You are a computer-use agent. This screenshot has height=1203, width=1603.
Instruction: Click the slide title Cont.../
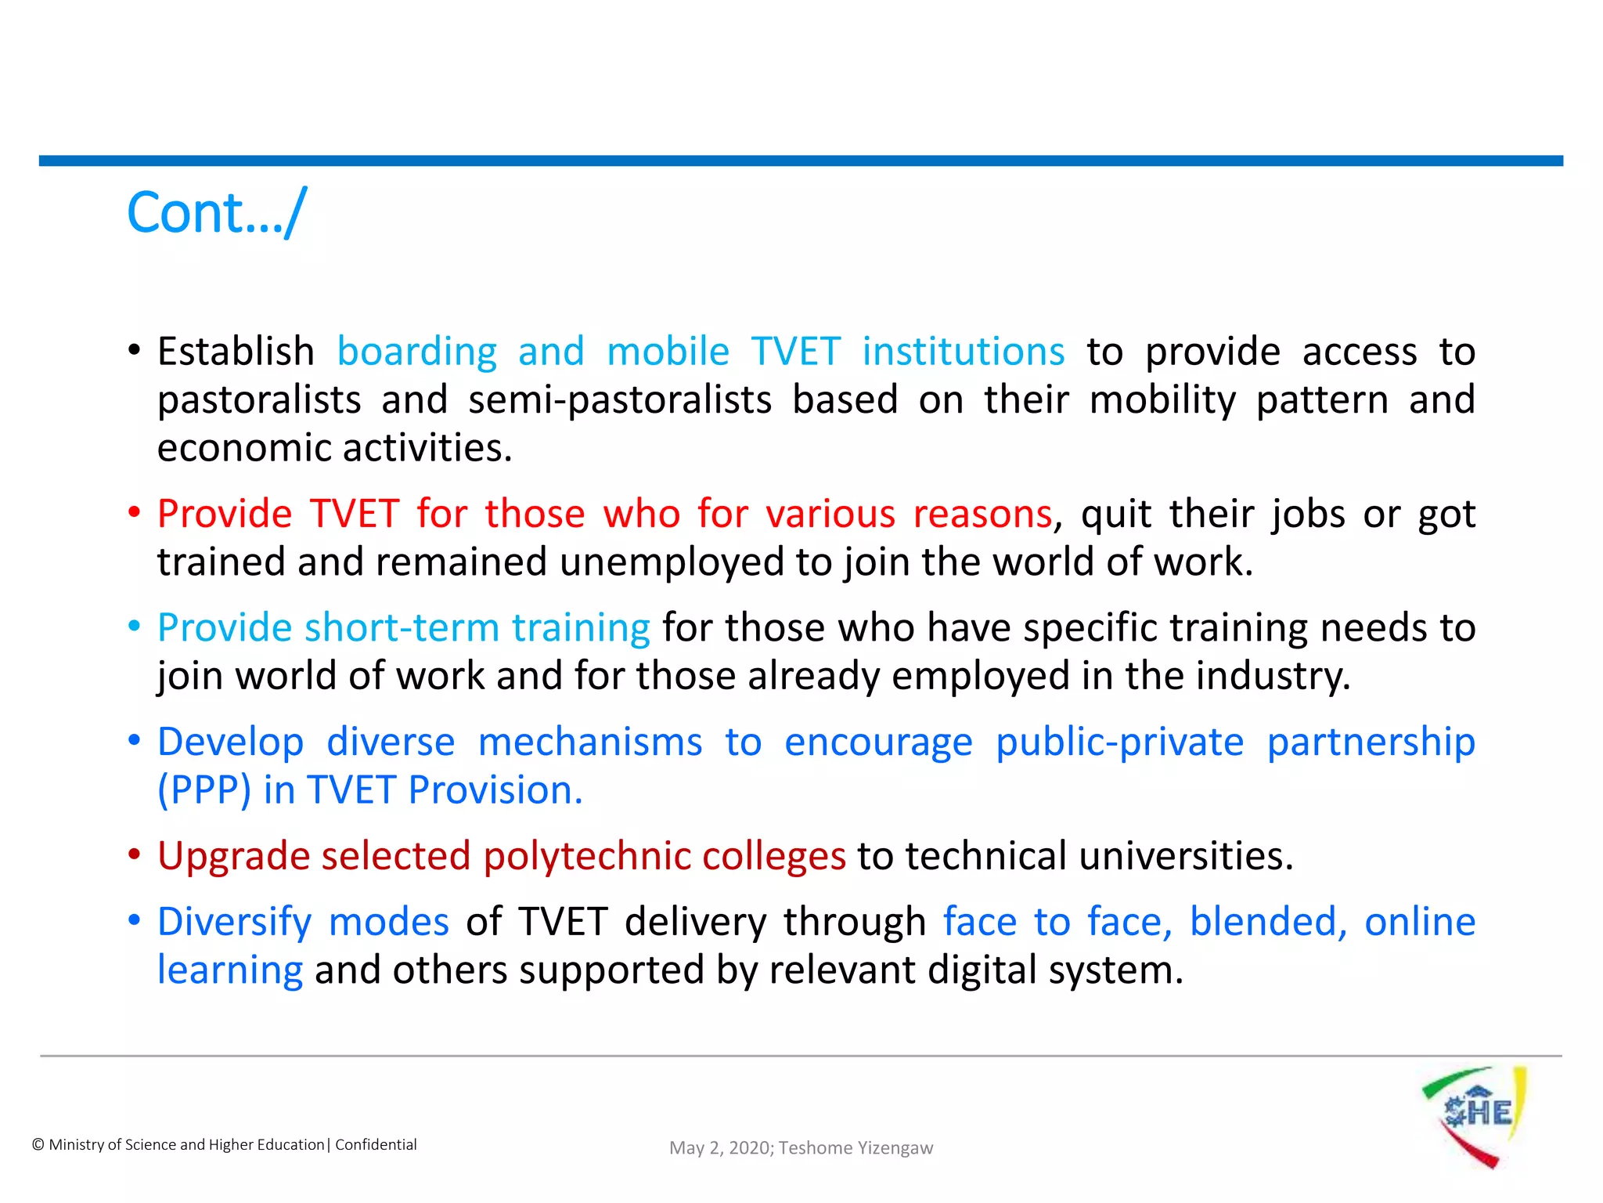[x=217, y=212]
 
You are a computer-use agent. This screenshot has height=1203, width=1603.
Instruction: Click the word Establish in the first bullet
[x=236, y=351]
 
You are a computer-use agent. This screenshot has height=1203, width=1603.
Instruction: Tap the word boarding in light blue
[x=416, y=351]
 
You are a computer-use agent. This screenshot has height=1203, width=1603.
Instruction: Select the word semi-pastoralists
[x=620, y=399]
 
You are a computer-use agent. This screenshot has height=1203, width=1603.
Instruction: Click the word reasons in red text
[x=982, y=514]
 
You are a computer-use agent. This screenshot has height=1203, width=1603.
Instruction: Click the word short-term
[x=402, y=627]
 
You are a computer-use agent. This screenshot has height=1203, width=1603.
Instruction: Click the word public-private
[x=1119, y=742]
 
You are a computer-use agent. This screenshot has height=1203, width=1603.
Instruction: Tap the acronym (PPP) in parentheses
[x=204, y=790]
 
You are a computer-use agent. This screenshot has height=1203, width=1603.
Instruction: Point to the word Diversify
[x=235, y=922]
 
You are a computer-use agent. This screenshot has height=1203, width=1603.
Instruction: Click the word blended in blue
[x=1266, y=922]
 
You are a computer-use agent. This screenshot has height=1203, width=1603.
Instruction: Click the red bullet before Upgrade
[x=135, y=854]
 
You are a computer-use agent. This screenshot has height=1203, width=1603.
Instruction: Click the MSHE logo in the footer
[x=1475, y=1116]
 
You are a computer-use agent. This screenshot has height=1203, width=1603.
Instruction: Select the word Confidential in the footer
[x=376, y=1144]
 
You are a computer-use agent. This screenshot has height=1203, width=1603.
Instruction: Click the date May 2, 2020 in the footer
[x=720, y=1147]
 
